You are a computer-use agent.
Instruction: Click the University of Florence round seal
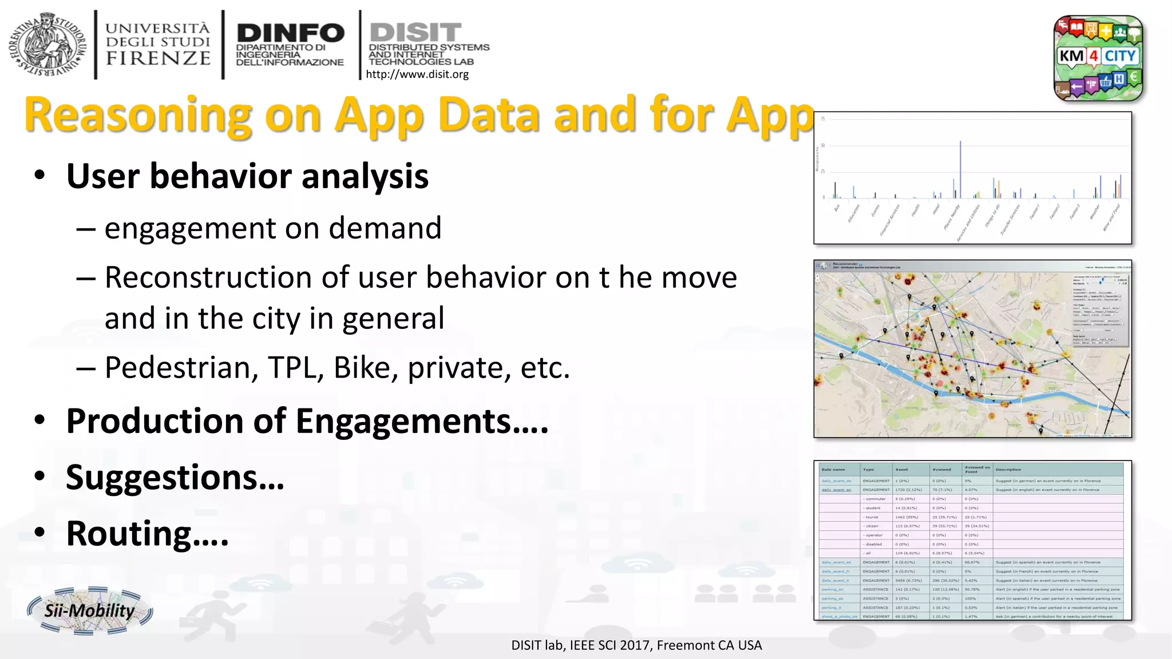[47, 44]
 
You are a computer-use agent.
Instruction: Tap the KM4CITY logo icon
[1098, 58]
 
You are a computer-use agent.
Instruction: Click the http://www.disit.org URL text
[417, 74]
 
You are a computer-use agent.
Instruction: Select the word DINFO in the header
[290, 33]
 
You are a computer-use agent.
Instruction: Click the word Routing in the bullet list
[129, 534]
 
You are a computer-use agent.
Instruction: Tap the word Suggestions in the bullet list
[162, 478]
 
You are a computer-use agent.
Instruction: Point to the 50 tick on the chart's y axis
[823, 145]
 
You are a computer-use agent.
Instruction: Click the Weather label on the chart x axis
[1094, 212]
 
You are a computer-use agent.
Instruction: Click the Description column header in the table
[1008, 470]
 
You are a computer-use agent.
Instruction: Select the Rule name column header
[833, 470]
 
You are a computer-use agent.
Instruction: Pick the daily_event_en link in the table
[837, 490]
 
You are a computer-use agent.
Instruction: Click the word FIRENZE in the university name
[159, 58]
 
